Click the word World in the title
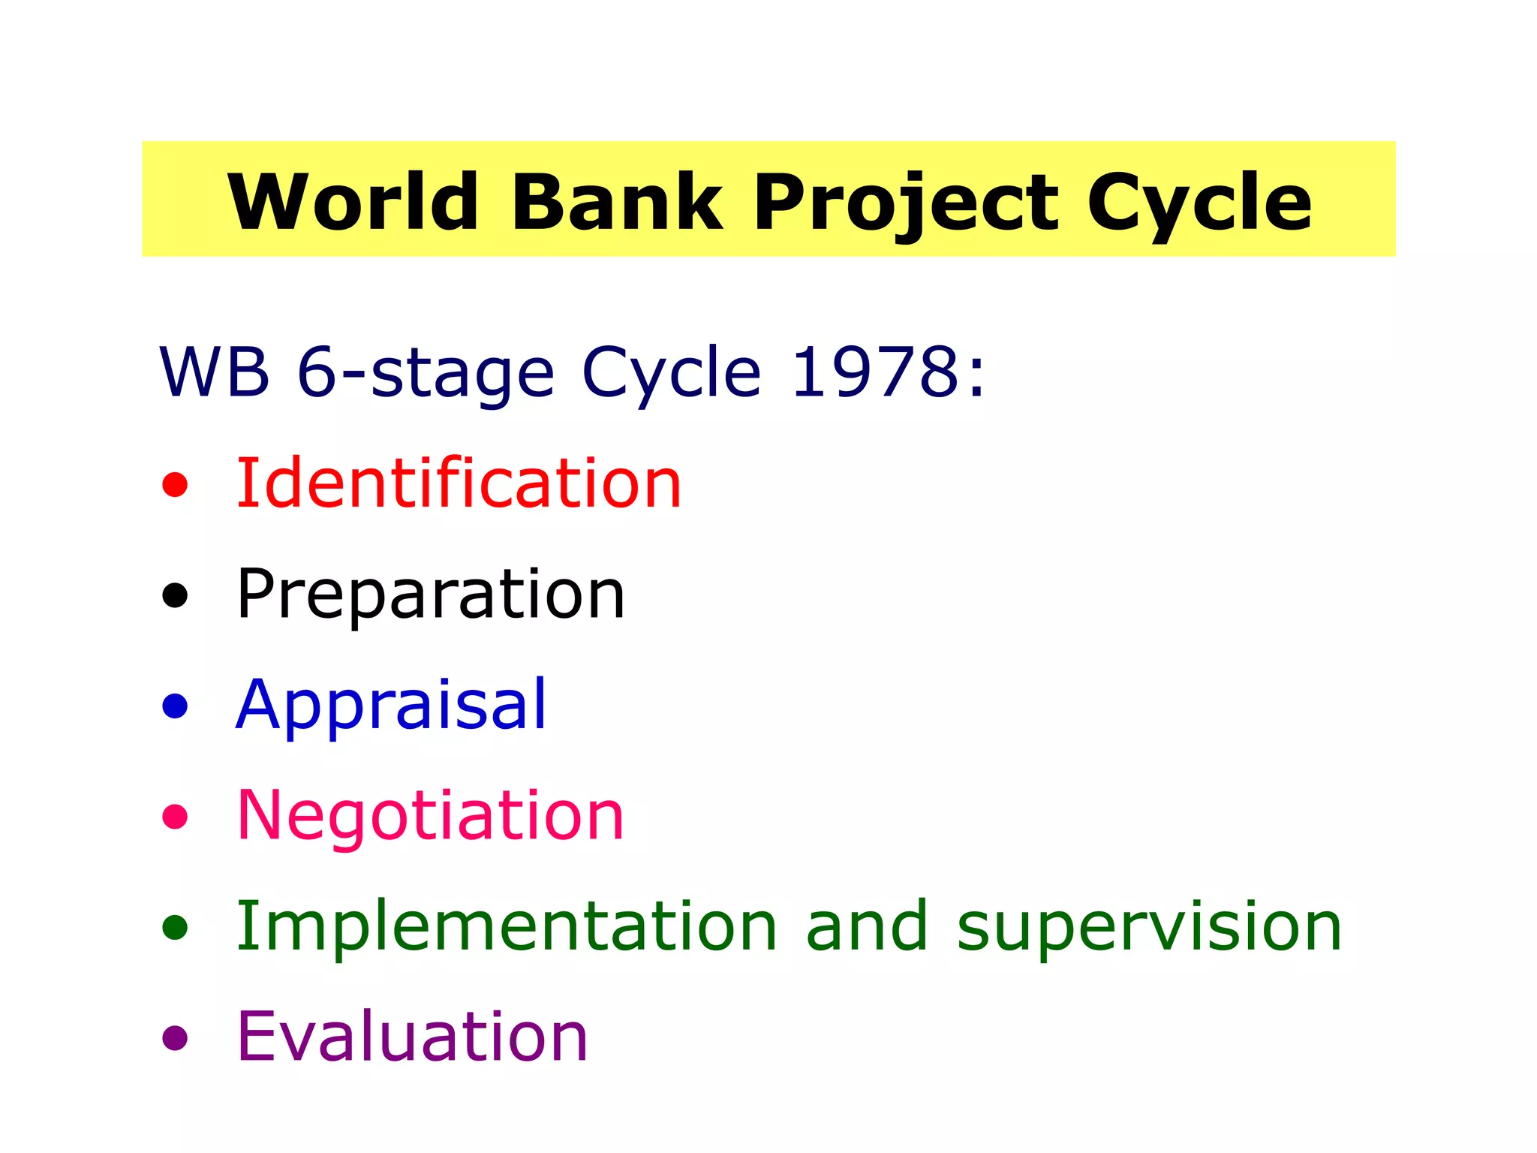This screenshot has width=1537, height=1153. coord(353,201)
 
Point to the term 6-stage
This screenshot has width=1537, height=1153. coord(425,373)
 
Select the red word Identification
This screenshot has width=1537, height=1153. coord(458,483)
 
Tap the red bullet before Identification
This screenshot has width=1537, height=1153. coord(175,484)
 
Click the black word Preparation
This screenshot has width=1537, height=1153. coord(430,595)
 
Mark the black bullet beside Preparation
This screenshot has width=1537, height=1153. coord(175,595)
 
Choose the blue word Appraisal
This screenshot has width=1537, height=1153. coord(391,706)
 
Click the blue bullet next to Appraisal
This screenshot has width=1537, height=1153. coord(175,706)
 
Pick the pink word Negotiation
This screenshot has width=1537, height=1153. coord(430,815)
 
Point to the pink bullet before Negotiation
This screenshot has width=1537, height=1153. coord(175,816)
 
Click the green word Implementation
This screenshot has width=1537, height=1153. coord(506,926)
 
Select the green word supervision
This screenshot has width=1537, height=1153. coord(1148,928)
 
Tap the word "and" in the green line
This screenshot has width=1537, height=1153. coord(866,926)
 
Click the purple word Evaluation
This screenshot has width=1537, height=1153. coord(411,1037)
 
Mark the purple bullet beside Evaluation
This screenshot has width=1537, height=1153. coord(175,1037)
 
